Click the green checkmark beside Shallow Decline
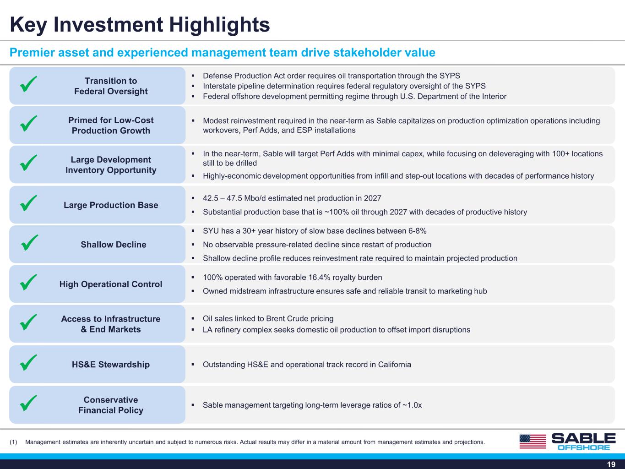click(29, 243)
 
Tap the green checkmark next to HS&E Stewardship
click(28, 362)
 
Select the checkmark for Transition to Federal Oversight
click(28, 84)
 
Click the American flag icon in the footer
click(533, 442)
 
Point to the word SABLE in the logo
click(583, 438)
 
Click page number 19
click(611, 464)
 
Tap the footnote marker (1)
click(13, 442)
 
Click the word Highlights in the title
click(219, 25)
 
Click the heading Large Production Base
click(111, 205)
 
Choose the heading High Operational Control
click(111, 284)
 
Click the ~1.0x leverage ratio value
click(412, 405)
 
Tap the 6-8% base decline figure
click(418, 231)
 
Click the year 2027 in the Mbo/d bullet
click(372, 198)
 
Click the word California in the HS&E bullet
click(394, 365)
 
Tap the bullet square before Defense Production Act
click(193, 76)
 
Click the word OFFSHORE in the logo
click(584, 447)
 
